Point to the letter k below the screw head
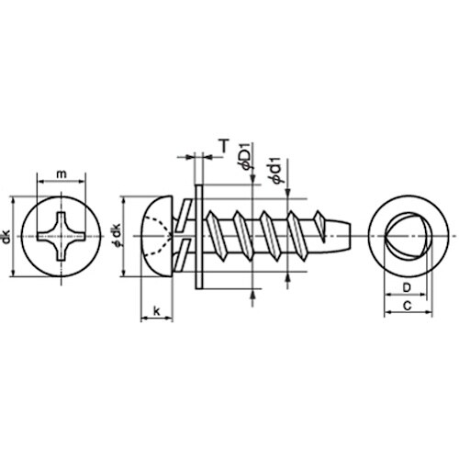[x=157, y=312]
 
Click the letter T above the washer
[x=223, y=144]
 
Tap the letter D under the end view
[x=405, y=288]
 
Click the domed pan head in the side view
[x=156, y=237]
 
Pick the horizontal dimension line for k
[x=157, y=320]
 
